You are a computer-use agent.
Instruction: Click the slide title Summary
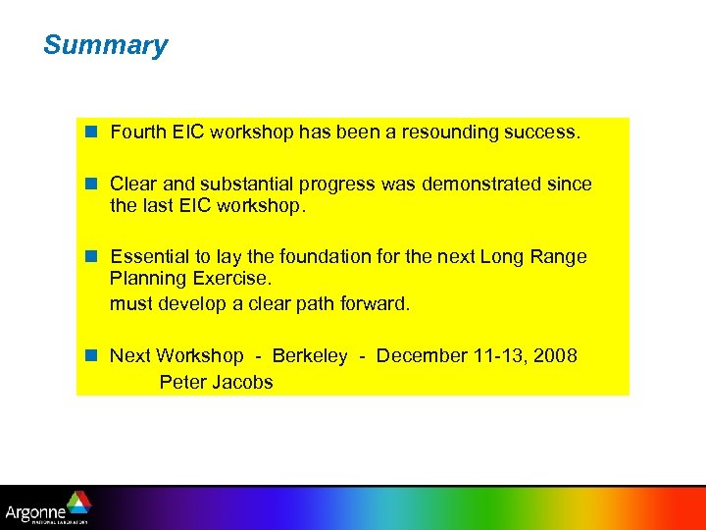(x=105, y=45)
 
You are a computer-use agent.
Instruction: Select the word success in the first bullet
(x=542, y=132)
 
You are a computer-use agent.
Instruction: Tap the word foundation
(x=325, y=256)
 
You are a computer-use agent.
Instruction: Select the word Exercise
(x=229, y=280)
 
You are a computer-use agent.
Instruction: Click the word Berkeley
(x=309, y=355)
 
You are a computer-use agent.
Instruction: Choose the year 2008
(x=556, y=355)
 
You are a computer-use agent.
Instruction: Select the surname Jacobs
(x=242, y=382)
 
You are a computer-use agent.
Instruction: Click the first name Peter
(x=182, y=382)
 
